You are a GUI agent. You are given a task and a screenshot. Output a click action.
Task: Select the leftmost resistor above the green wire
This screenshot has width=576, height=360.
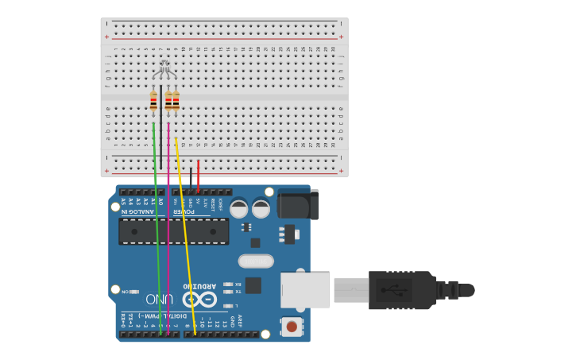point(153,102)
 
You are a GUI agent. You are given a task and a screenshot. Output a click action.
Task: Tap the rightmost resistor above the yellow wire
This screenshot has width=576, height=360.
point(176,102)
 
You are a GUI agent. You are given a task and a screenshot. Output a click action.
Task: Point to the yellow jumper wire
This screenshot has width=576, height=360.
point(185,238)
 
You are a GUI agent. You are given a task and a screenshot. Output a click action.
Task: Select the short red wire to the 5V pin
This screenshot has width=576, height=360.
point(198,175)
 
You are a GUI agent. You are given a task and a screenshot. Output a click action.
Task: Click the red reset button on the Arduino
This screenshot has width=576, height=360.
point(292,327)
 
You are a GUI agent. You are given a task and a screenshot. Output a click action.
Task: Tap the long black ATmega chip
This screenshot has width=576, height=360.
point(173,231)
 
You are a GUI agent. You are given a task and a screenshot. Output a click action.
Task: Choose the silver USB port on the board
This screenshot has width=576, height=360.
point(305,290)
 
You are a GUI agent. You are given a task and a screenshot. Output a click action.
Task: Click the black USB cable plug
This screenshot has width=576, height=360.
point(401,290)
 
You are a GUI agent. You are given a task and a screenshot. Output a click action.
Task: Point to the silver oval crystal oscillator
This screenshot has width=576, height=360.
point(256,261)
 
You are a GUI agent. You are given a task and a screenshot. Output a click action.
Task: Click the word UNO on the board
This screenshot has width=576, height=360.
point(160,299)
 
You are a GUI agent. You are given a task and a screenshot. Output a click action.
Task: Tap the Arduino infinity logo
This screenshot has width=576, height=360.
point(199,300)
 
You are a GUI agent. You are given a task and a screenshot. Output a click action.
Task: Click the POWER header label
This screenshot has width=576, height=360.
point(184,211)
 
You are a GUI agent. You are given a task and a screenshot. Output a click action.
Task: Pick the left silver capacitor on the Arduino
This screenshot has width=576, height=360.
point(238,209)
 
